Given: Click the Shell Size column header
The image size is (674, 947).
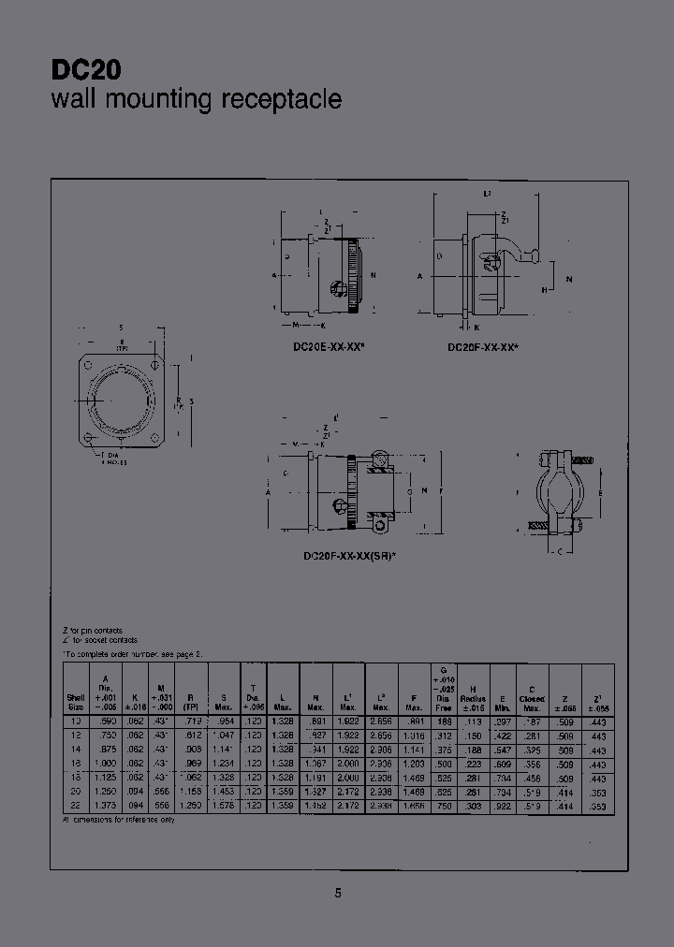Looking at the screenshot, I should pos(76,702).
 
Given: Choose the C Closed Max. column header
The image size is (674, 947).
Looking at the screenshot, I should pos(533,698).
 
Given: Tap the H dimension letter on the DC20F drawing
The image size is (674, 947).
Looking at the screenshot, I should pos(544,290).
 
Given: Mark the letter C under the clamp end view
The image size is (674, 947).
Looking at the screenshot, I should pos(559,551).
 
